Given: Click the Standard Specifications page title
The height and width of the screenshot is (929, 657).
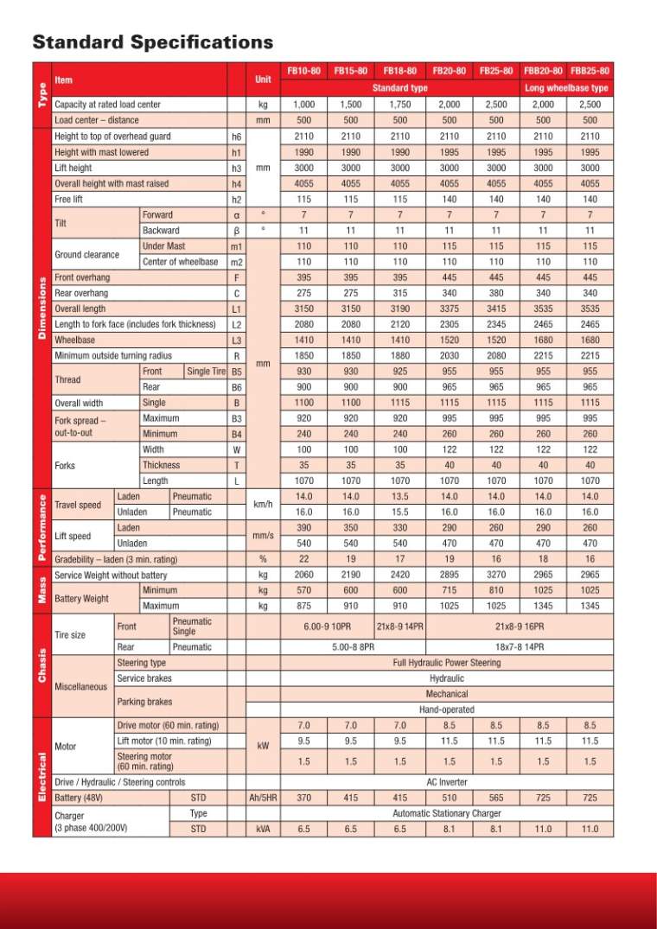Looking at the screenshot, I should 152,42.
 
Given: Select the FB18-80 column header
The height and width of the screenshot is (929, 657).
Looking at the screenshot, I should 400,71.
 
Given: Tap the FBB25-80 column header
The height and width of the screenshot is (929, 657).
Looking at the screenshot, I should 590,71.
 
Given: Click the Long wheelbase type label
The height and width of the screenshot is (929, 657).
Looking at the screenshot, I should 566,88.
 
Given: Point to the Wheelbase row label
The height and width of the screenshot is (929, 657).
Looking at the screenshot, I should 76,340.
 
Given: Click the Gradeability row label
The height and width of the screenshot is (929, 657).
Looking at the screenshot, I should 115,558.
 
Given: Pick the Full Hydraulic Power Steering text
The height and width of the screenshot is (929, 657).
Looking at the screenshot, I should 446,663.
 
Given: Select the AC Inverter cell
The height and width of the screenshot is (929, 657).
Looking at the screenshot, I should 446,781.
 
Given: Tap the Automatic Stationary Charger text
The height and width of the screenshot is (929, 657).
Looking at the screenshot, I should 446,813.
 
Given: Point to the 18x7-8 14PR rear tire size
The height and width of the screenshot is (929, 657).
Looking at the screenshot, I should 519,646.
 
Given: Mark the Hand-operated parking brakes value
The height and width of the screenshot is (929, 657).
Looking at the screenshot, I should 446,709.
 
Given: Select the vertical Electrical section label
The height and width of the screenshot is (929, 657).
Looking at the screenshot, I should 41,776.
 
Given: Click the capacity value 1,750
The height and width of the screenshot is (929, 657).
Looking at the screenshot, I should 400,105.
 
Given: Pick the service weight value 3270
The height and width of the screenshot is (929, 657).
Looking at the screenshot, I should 496,575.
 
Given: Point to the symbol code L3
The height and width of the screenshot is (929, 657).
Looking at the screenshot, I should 236,340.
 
